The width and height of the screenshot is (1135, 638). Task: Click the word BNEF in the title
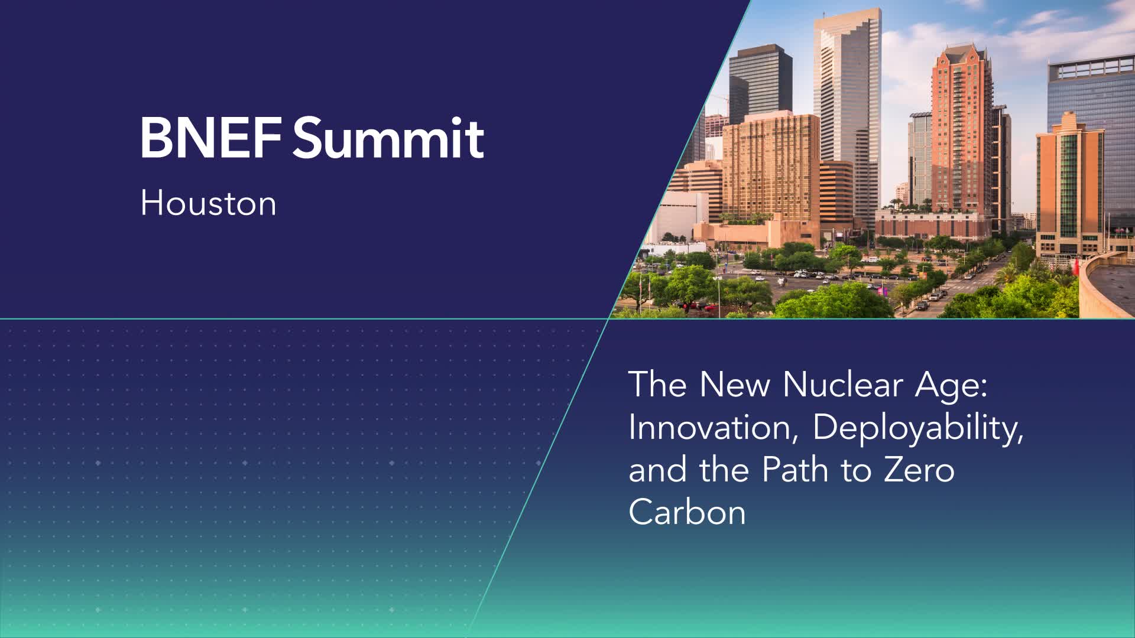pyautogui.click(x=210, y=138)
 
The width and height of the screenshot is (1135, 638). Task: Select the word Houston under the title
pyautogui.click(x=208, y=203)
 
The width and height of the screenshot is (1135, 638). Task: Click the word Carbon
pyautogui.click(x=687, y=512)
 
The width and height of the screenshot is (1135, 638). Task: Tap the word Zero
pyautogui.click(x=919, y=470)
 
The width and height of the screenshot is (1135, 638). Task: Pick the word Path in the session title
pyautogui.click(x=797, y=469)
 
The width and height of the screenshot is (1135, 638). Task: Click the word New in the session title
pyautogui.click(x=735, y=385)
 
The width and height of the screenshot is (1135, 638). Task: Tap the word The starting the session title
pyautogui.click(x=658, y=385)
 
